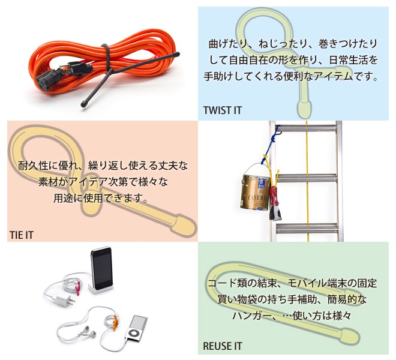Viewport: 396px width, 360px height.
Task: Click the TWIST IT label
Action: tap(223, 110)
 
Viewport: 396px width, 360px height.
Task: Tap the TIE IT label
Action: tap(22, 235)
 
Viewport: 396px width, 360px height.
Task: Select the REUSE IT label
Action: tap(223, 346)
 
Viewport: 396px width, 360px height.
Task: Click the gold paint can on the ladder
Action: tap(255, 191)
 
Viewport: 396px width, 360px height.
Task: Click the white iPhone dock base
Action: tap(101, 289)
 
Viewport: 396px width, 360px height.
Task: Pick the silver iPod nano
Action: tap(136, 328)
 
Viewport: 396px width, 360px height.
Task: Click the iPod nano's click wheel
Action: tap(133, 333)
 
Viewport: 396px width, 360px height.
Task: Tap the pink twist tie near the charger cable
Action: tap(79, 287)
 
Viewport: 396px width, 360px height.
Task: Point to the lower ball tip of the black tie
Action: tap(84, 104)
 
